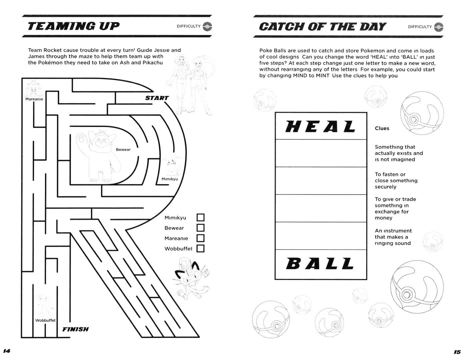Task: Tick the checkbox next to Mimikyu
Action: point(200,217)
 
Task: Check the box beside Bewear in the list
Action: point(200,228)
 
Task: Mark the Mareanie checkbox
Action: point(200,238)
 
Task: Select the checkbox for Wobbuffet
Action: point(200,248)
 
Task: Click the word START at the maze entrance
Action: point(157,98)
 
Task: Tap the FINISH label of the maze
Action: point(76,329)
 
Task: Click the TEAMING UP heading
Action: point(73,26)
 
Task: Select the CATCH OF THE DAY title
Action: point(322,27)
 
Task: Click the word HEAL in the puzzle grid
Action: point(321,126)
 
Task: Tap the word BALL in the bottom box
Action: point(320,264)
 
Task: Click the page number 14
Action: point(7,351)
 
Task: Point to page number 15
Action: point(457,352)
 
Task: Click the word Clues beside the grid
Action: point(382,128)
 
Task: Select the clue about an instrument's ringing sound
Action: point(393,237)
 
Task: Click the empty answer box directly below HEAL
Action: point(321,153)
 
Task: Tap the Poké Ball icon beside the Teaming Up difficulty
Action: point(207,26)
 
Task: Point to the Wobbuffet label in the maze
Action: point(45,320)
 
